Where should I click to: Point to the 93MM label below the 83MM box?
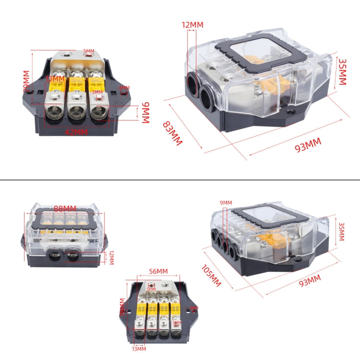tap(307, 144)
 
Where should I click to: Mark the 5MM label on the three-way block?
tap(89, 51)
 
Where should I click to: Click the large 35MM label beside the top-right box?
tap(342, 72)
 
